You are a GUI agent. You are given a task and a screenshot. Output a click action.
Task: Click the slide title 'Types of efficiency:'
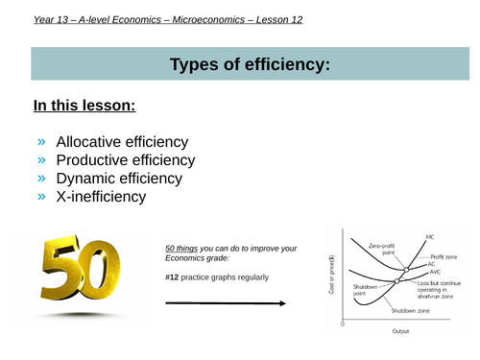tap(239, 65)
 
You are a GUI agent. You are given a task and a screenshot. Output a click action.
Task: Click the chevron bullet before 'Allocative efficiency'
tap(41, 142)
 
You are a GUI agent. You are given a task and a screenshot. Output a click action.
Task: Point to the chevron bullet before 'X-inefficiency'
tap(41, 198)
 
